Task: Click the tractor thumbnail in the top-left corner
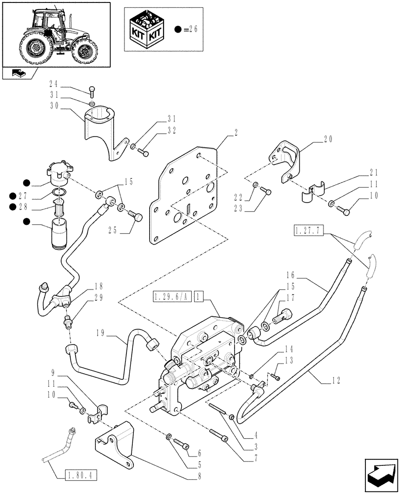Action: tap(55, 34)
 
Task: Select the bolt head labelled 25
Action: tap(137, 216)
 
